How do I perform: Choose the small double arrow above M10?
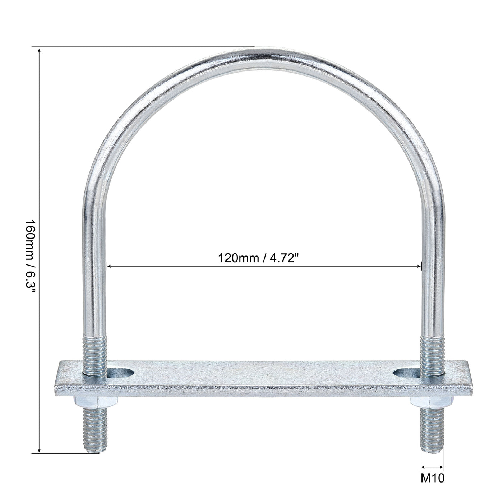(432, 467)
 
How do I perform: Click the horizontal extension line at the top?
(144, 46)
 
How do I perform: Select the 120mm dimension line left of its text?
(162, 266)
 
